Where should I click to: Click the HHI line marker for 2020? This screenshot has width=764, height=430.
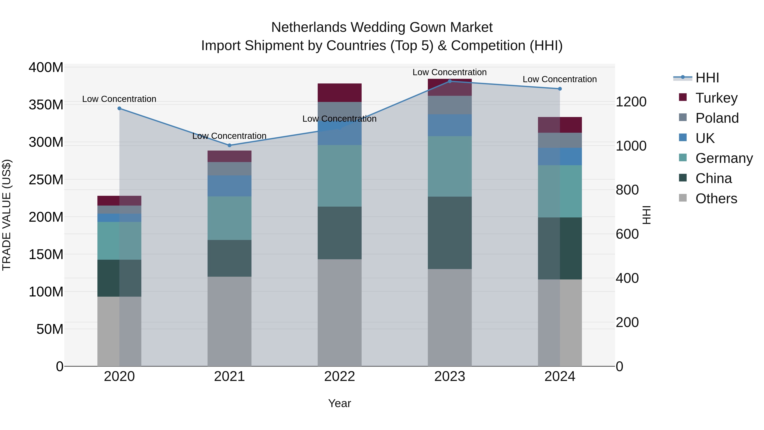click(x=119, y=108)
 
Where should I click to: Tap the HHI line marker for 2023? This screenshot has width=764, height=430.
click(x=450, y=81)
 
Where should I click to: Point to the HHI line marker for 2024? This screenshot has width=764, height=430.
click(x=560, y=89)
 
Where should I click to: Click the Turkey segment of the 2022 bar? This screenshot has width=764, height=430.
click(x=339, y=93)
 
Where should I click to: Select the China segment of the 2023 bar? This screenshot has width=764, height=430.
click(x=450, y=233)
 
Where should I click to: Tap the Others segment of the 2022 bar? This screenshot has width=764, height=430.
click(x=339, y=313)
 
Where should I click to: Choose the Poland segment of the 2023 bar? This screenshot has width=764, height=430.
click(x=450, y=105)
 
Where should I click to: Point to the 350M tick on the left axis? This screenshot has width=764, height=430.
click(x=46, y=105)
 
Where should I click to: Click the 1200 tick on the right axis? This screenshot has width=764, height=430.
click(x=631, y=102)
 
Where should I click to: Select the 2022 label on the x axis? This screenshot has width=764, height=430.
click(x=339, y=376)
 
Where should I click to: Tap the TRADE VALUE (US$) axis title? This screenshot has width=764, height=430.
click(x=7, y=215)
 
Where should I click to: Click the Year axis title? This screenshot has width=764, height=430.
click(x=339, y=403)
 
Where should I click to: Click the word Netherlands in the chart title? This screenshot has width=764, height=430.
click(x=309, y=27)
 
